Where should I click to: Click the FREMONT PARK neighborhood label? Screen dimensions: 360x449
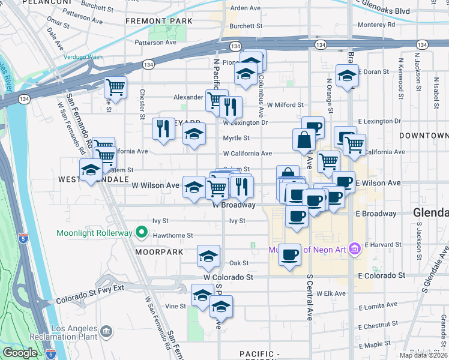pyautogui.click(x=159, y=21)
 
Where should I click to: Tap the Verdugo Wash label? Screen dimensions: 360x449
pyautogui.click(x=83, y=57)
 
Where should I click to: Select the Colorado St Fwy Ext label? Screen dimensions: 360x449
pyautogui.click(x=89, y=298)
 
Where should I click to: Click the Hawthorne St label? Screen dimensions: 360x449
pyautogui.click(x=173, y=236)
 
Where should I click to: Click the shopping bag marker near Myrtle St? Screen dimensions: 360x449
pyautogui.click(x=304, y=140)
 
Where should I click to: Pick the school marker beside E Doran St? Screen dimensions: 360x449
pyautogui.click(x=347, y=76)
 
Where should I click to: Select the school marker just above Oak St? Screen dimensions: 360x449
pyautogui.click(x=208, y=256)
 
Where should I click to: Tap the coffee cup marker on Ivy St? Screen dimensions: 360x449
pyautogui.click(x=297, y=216)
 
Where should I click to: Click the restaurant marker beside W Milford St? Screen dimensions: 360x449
pyautogui.click(x=231, y=107)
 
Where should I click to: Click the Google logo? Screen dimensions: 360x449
pyautogui.click(x=20, y=353)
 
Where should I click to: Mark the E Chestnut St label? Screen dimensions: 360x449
pyautogui.click(x=377, y=325)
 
